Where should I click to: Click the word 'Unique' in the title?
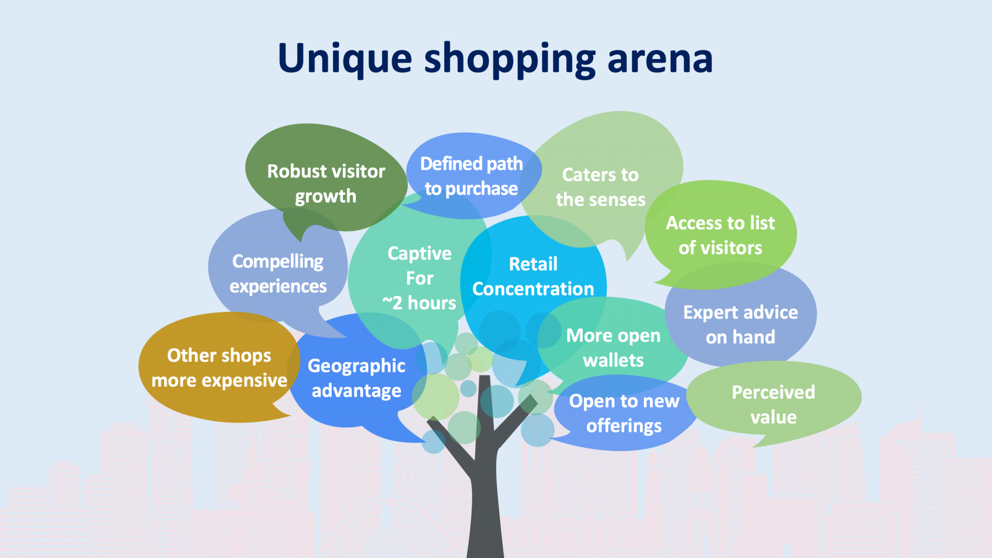345,58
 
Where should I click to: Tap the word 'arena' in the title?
660,58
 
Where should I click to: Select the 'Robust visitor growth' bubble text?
326,184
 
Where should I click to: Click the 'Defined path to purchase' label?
471,176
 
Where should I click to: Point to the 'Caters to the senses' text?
600,187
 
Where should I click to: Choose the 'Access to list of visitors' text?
720,235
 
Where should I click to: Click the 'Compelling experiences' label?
278,274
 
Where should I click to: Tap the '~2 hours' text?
419,303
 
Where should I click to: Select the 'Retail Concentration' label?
533,276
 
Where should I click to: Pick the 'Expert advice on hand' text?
740,324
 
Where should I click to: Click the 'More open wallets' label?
613,348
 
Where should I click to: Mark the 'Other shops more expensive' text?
219,368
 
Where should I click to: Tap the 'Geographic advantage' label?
357,378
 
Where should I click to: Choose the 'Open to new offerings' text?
624,413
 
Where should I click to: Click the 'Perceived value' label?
773,404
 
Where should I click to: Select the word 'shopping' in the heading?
509,59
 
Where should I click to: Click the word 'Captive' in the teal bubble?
420,253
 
